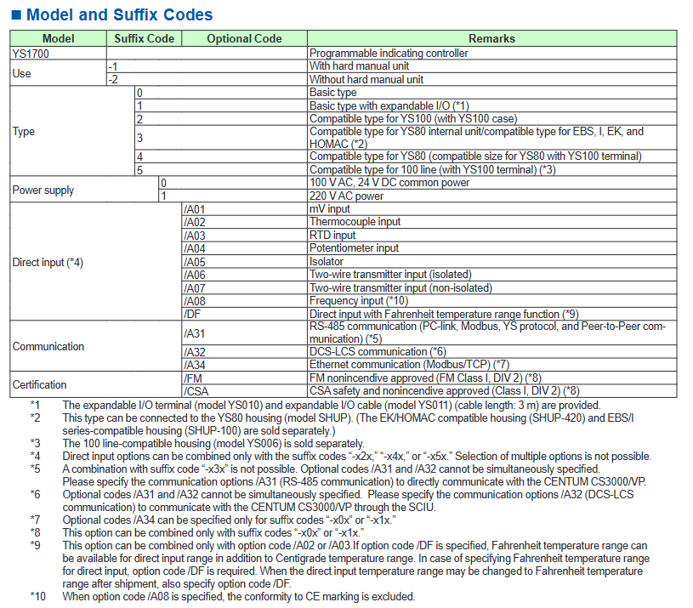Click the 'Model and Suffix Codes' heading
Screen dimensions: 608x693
[x=119, y=14]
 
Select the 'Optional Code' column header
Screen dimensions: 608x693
[x=244, y=38]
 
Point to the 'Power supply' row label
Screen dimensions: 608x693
[x=43, y=190]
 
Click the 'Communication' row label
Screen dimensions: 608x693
[x=48, y=346]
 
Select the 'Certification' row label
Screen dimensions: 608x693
[x=39, y=384]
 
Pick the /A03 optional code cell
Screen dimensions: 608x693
[x=195, y=235]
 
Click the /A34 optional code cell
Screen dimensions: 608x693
[x=195, y=365]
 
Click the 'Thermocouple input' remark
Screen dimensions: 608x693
[x=355, y=222]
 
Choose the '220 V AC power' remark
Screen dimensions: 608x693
[x=346, y=196]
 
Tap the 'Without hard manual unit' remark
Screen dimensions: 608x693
[x=366, y=79]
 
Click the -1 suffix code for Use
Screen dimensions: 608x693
[x=113, y=65]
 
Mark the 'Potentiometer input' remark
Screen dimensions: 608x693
[x=354, y=248]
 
